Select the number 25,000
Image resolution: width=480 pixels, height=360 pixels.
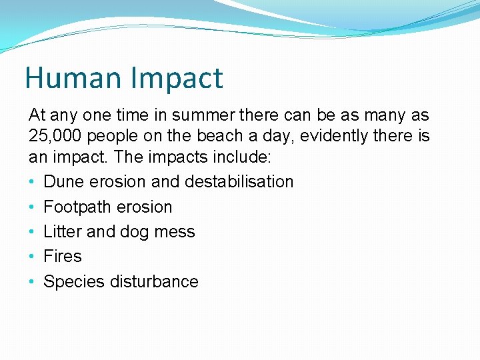coord(55,137)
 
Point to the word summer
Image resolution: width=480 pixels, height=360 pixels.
coord(203,115)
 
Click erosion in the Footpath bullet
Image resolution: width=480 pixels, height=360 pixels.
coord(143,207)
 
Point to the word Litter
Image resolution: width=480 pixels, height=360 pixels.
coord(63,231)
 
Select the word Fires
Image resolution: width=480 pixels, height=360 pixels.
coord(62,256)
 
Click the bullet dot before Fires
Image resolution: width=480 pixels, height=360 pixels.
coord(33,257)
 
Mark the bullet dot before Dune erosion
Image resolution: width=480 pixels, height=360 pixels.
coord(33,182)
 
